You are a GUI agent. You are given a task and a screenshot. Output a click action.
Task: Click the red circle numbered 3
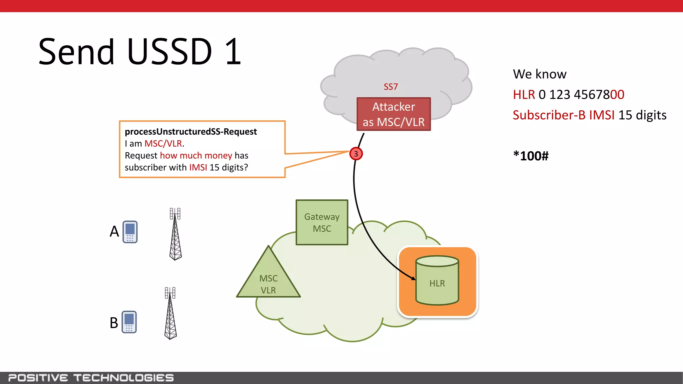(356, 154)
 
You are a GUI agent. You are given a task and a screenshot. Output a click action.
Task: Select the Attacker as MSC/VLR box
(394, 114)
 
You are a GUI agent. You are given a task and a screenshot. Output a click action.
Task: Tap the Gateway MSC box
(322, 222)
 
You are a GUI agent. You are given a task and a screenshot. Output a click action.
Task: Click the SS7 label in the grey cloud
(391, 87)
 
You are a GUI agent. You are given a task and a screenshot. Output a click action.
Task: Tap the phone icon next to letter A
(130, 232)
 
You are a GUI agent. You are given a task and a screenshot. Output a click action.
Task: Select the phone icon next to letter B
(129, 322)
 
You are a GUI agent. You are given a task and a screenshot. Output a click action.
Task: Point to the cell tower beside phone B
(170, 313)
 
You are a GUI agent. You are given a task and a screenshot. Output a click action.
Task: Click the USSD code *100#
(531, 156)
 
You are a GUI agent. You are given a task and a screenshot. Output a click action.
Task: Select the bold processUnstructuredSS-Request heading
(191, 132)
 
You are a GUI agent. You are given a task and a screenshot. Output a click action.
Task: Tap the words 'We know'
(540, 74)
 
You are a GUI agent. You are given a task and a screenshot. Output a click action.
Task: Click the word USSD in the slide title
(169, 52)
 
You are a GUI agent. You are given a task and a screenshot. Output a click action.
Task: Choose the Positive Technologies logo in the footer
(91, 378)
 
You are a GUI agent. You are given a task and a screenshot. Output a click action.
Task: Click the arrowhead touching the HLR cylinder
(414, 278)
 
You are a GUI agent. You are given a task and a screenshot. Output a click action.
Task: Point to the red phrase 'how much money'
(196, 155)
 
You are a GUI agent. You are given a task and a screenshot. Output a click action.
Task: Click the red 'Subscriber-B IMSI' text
(563, 115)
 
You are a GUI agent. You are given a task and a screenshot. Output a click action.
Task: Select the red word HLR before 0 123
(524, 95)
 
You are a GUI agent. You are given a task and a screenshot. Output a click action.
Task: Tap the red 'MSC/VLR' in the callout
(163, 143)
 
